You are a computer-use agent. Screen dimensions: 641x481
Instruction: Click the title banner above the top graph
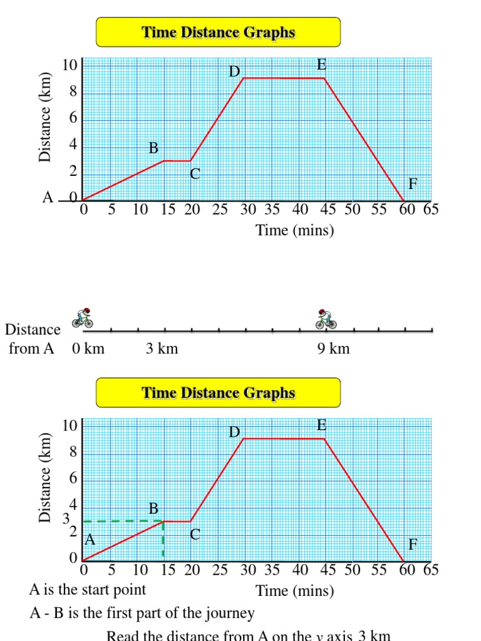[x=218, y=32]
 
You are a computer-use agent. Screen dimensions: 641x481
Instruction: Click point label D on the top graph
[x=234, y=72]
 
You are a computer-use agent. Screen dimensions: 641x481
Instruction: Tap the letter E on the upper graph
[x=321, y=65]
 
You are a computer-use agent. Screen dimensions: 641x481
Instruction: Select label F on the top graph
[x=413, y=184]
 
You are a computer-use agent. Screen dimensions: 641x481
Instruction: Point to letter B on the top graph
[x=153, y=148]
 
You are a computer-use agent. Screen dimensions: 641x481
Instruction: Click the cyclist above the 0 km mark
[x=83, y=318]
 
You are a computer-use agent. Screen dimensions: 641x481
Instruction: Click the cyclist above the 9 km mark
[x=326, y=319]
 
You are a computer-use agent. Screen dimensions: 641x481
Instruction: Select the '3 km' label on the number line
[x=162, y=349]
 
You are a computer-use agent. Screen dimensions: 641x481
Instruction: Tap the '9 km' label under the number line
[x=333, y=349]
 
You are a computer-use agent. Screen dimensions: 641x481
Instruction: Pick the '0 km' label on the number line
[x=88, y=349]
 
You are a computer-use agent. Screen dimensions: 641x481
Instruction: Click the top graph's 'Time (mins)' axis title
[x=295, y=230]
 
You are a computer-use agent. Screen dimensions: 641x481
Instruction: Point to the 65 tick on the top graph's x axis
[x=431, y=210]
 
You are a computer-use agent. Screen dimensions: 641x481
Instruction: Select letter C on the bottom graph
[x=195, y=535]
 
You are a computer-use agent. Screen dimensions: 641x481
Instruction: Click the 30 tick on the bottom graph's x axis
[x=248, y=570]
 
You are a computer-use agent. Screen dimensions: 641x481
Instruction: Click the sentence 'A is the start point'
[x=88, y=590]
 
